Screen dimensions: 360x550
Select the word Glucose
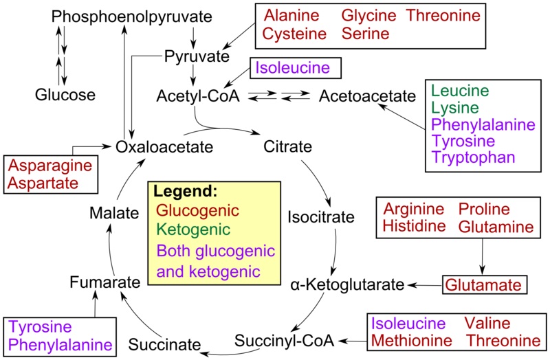pos(65,95)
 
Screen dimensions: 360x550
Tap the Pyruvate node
pos(197,57)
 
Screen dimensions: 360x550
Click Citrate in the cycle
pos(287,146)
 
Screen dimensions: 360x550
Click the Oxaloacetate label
pos(164,147)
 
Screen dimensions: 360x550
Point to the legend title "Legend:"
pos(185,190)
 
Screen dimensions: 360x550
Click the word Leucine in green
pos(460,91)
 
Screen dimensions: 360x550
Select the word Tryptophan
pos(473,157)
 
